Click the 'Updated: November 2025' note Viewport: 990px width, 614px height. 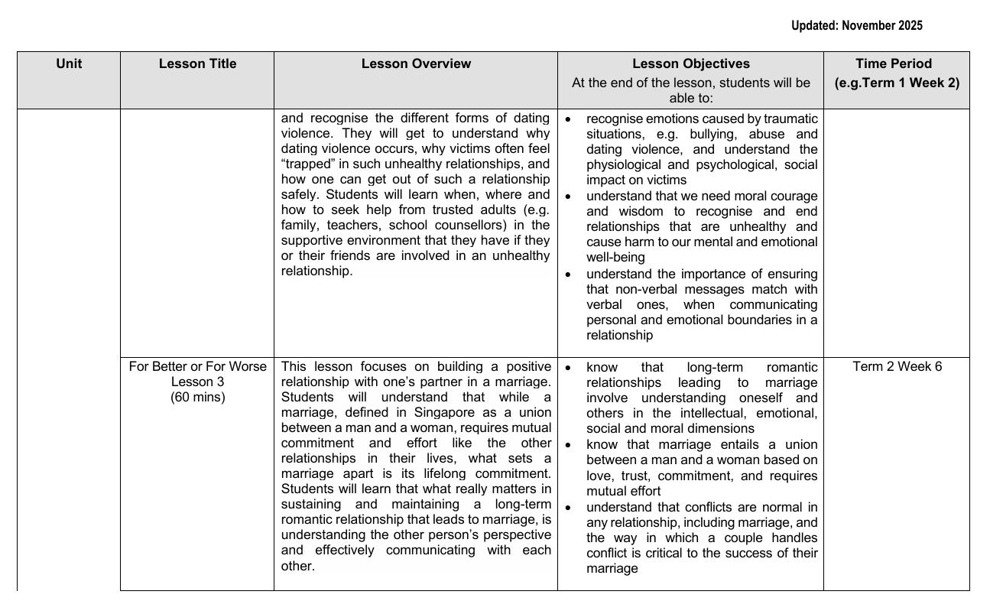[856, 26]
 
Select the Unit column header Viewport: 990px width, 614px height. [69, 64]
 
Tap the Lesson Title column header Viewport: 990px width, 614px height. [197, 64]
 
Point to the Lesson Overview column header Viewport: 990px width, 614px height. [416, 64]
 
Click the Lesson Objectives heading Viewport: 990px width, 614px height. [690, 64]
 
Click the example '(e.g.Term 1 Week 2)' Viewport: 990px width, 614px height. [896, 83]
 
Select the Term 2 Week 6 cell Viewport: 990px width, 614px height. [897, 367]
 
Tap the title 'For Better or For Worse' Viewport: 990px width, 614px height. [197, 367]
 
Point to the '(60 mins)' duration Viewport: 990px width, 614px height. [197, 398]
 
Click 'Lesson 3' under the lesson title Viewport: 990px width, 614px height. [197, 382]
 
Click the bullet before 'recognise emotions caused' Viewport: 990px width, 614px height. [567, 119]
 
